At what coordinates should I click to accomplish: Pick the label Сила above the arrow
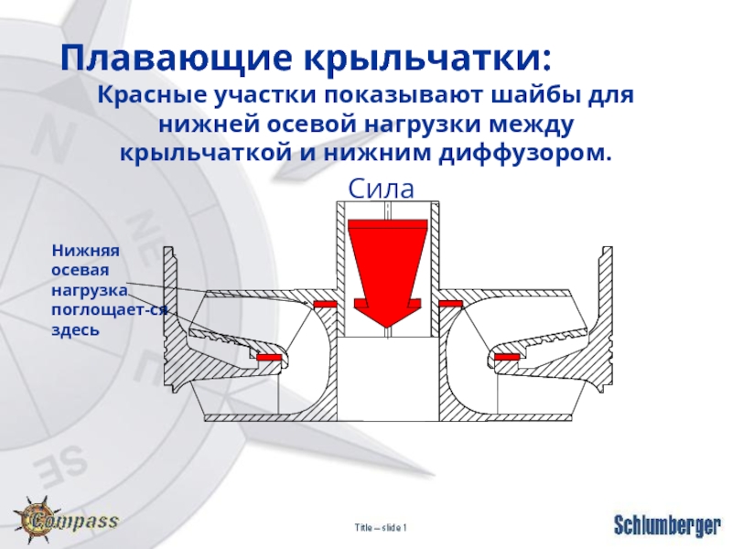pyautogui.click(x=382, y=189)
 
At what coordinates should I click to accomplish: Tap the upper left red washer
pyautogui.click(x=325, y=304)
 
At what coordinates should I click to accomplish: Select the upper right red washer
pyautogui.click(x=450, y=304)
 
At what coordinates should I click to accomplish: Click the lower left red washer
pyautogui.click(x=268, y=357)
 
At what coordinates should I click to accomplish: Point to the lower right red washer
pyautogui.click(x=507, y=357)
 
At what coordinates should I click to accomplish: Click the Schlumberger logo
pyautogui.click(x=665, y=525)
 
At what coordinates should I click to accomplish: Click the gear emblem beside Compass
pyautogui.click(x=34, y=518)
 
